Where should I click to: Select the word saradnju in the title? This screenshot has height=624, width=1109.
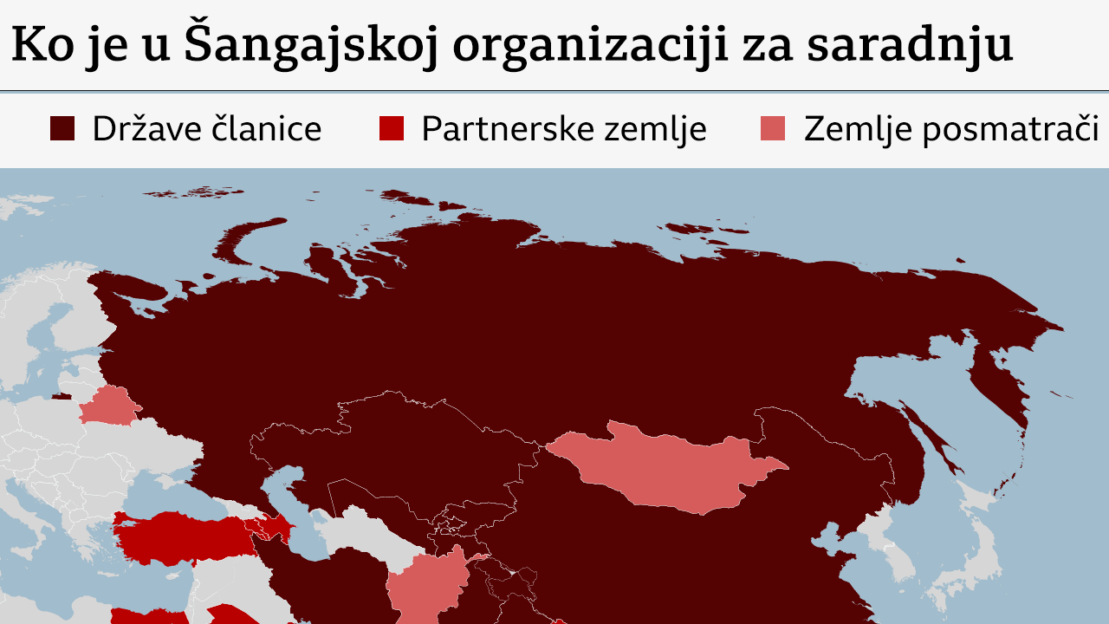point(909,46)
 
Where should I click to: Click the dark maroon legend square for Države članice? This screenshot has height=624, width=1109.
point(62,128)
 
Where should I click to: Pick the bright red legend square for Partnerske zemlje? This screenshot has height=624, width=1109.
point(392,128)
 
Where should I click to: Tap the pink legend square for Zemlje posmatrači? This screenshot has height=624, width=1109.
point(773,128)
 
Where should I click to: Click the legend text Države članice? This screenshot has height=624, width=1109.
point(207,129)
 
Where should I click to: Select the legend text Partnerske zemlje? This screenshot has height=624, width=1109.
point(564,129)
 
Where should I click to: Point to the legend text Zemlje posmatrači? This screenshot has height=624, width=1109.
point(951,129)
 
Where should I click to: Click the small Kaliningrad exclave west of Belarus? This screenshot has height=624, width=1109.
point(62,397)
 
